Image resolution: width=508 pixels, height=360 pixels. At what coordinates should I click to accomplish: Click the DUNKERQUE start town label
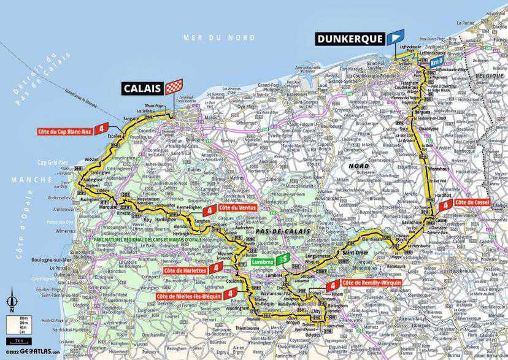point(350,39)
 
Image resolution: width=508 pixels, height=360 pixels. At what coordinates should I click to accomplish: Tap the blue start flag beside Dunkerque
point(395,37)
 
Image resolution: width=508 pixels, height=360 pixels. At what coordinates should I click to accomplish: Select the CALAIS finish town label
point(143,88)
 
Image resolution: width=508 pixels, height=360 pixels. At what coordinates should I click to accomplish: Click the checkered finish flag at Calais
point(174,86)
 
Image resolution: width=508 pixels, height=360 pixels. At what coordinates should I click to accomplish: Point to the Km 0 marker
point(436,62)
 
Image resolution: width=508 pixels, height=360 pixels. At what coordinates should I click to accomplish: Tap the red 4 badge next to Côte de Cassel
point(445,205)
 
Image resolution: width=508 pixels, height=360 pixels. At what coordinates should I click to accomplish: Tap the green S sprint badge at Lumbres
point(282,259)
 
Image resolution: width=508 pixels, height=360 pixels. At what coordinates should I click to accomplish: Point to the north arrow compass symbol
point(10,302)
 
